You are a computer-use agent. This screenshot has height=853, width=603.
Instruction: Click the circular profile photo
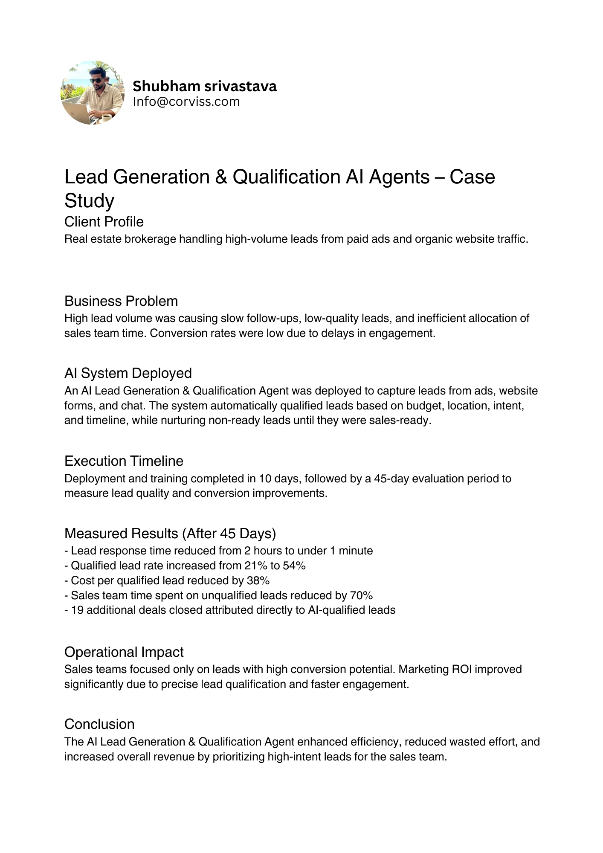tap(93, 93)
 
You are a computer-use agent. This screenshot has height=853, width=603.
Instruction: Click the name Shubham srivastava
tap(204, 87)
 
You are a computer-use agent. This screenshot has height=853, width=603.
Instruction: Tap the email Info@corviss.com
tap(186, 102)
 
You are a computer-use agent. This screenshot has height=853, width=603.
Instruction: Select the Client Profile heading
tap(104, 222)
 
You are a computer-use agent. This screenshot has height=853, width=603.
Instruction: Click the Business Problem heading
tap(121, 301)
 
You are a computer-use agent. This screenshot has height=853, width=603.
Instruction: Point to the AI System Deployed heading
tap(128, 373)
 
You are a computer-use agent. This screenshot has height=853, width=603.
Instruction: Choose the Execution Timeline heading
tap(124, 461)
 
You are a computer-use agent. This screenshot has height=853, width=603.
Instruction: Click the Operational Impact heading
tap(124, 652)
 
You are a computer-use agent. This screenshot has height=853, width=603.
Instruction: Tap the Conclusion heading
tap(99, 724)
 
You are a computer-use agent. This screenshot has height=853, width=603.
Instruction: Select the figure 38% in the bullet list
tap(258, 581)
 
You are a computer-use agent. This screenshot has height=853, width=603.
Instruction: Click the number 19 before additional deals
tap(77, 610)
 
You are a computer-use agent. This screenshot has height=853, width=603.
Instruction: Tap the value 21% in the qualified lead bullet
tap(255, 566)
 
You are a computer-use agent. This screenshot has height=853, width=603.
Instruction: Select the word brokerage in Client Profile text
tap(150, 239)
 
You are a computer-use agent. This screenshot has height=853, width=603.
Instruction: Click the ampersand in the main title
tap(221, 177)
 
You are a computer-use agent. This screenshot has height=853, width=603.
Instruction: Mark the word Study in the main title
tap(89, 200)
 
